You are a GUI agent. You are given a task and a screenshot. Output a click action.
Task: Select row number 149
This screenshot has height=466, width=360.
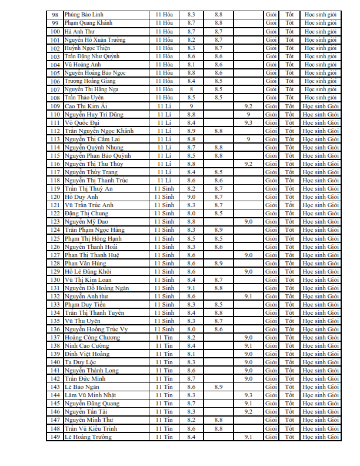pos(55,437)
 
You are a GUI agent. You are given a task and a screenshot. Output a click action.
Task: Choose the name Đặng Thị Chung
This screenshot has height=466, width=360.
pos(86,213)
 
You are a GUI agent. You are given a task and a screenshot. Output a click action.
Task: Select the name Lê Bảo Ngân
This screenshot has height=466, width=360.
pos(82,387)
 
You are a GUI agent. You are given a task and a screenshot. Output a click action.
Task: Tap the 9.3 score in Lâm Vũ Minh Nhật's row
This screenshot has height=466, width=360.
pos(248,395)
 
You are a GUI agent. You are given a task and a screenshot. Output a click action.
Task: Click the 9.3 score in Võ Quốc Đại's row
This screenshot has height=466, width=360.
pos(248,122)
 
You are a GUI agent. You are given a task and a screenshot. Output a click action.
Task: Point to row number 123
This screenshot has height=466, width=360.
pos(55,221)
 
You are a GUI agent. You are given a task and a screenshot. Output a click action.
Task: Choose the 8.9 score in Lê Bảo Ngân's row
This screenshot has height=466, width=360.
pos(218,387)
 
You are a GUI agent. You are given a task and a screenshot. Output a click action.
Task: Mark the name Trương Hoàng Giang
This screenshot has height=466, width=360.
pos(90,81)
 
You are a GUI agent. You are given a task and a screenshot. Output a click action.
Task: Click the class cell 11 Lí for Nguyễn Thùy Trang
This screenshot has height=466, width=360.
pos(164,172)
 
